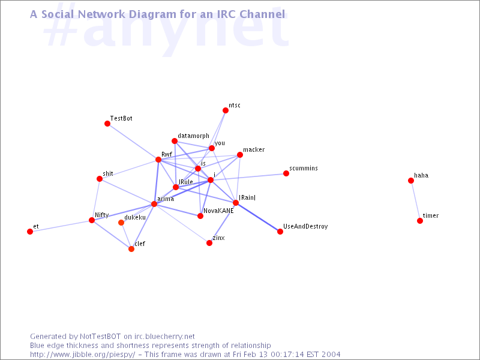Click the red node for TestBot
(107, 124)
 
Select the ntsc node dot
(226, 110)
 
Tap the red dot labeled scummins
(286, 173)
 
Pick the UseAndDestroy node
(280, 232)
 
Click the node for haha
(411, 181)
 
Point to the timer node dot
(419, 221)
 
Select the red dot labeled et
(29, 232)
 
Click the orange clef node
(131, 249)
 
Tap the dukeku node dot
(121, 223)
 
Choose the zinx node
(209, 243)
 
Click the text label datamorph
(193, 136)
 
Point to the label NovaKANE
(218, 211)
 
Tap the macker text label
(254, 149)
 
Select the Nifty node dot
(92, 220)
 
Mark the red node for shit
(99, 179)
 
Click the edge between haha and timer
(415, 201)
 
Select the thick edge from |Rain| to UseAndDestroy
(258, 217)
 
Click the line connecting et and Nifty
(61, 226)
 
